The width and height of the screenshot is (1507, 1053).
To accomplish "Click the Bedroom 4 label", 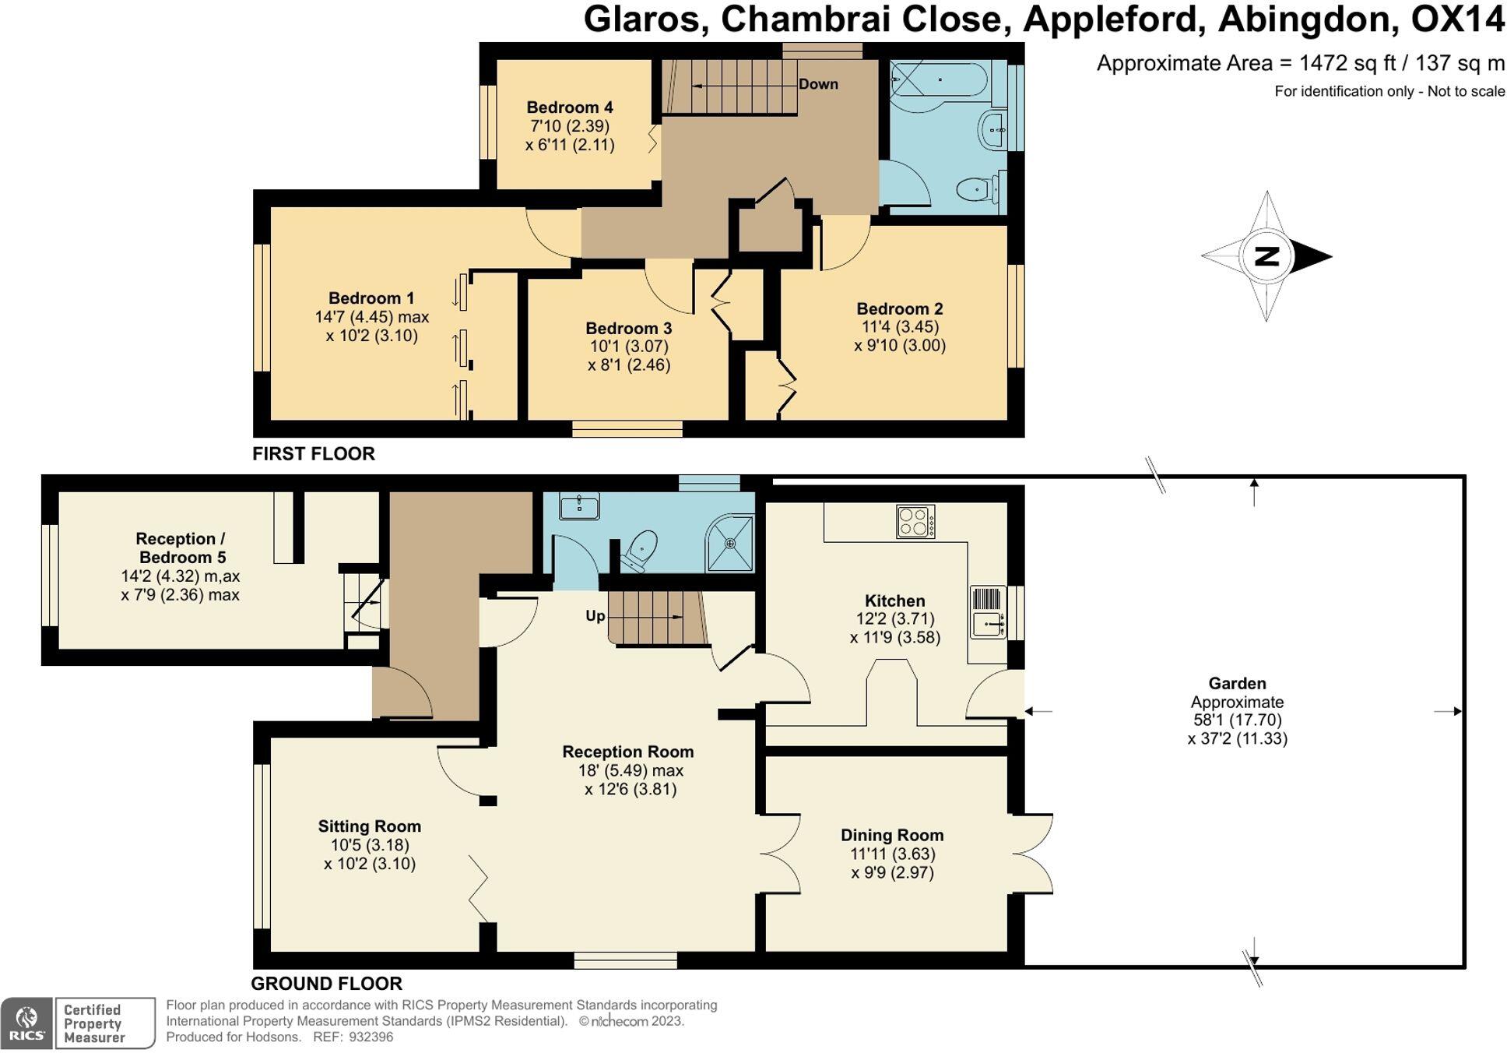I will click(569, 107).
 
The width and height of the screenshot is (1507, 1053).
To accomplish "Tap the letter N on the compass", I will click(1266, 255).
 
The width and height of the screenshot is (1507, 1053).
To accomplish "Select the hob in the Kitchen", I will click(915, 522).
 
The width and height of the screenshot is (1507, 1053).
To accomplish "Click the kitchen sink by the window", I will click(988, 623).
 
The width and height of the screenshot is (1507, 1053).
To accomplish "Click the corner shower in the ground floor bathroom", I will click(732, 543).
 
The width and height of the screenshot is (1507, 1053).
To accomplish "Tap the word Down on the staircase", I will click(818, 84).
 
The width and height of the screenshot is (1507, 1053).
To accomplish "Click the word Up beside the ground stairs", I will click(595, 616).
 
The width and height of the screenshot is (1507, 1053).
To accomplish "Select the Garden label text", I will click(1237, 683).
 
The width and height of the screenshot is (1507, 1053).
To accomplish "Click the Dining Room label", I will click(892, 835).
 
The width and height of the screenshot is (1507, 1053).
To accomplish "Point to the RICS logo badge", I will click(26, 1023).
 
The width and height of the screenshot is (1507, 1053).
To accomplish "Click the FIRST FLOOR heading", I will click(313, 453).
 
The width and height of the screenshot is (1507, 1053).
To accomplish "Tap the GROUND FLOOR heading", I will click(326, 983).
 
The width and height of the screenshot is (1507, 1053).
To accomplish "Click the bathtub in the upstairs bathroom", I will click(940, 79).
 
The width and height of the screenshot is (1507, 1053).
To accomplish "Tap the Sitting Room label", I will click(369, 826).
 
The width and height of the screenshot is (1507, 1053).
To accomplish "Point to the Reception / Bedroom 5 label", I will click(180, 548).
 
